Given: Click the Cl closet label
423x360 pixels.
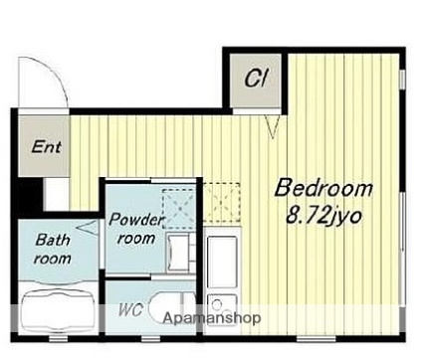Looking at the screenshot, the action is click(x=256, y=79).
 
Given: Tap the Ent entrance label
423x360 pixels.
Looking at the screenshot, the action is click(x=46, y=147).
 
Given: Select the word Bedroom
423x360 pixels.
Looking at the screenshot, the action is click(x=324, y=188).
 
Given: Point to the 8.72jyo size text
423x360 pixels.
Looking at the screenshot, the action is click(x=323, y=217).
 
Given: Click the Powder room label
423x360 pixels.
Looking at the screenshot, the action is click(x=136, y=229).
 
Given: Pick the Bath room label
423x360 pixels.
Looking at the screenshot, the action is click(x=53, y=249).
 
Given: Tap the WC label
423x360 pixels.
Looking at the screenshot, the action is click(x=130, y=310).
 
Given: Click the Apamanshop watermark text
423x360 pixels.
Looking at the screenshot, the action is click(x=212, y=318).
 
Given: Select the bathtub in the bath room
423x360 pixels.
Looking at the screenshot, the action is click(x=58, y=311).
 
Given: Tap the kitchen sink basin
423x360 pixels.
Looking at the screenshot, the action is click(x=222, y=263).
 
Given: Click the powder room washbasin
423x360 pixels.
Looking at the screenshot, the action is click(x=178, y=254).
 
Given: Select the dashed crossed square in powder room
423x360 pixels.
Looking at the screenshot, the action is click(x=178, y=209).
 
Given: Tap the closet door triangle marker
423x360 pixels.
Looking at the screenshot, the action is click(x=273, y=126).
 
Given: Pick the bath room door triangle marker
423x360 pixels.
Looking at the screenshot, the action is click(x=88, y=228).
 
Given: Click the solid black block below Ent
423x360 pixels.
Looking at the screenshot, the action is click(x=30, y=197).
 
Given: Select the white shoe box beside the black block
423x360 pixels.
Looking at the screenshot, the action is click(x=56, y=194).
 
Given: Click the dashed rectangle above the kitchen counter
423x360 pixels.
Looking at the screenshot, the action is click(x=221, y=202).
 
